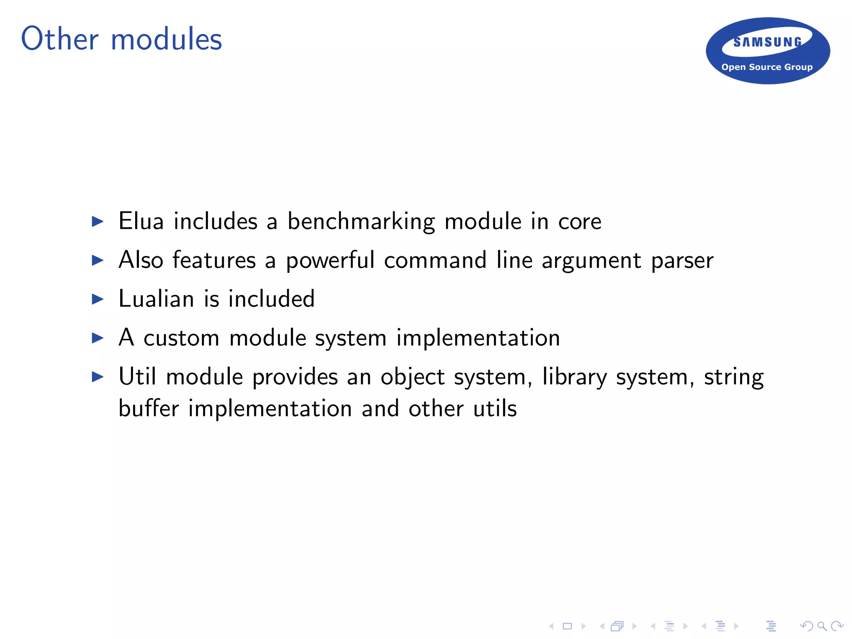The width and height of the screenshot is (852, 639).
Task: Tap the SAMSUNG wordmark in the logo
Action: click(767, 42)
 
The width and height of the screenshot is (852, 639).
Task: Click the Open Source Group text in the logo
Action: click(767, 67)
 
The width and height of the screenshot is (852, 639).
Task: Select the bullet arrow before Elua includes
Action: click(97, 221)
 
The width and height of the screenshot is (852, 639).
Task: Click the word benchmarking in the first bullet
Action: click(361, 221)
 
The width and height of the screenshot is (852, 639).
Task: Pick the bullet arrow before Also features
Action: click(97, 260)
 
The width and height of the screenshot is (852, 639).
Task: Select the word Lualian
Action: click(156, 299)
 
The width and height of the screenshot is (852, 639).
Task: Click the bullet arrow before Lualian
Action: click(97, 299)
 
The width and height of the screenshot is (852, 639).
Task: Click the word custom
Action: click(181, 338)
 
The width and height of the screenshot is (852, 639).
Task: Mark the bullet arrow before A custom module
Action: click(97, 338)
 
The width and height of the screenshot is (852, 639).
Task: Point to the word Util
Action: click(137, 376)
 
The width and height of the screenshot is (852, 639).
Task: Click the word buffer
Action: click(149, 408)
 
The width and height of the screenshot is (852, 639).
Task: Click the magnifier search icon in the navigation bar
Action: click(822, 626)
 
